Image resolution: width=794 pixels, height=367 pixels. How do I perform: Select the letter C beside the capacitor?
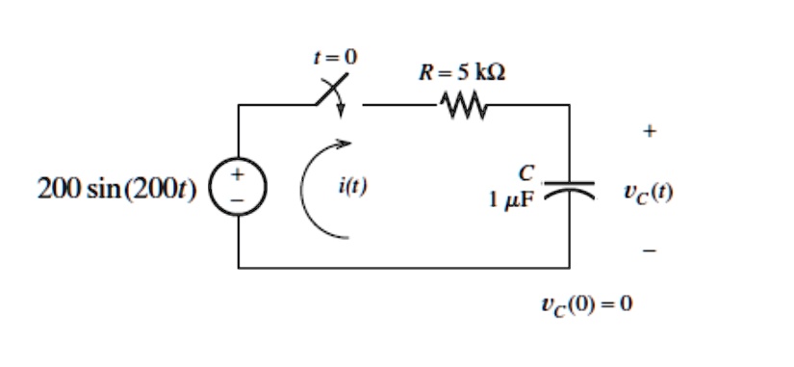tap(525, 173)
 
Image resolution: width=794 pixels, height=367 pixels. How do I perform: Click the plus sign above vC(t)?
tap(650, 131)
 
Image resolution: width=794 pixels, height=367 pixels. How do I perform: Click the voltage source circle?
tap(238, 187)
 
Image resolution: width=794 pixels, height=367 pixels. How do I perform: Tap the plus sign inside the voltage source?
tap(238, 177)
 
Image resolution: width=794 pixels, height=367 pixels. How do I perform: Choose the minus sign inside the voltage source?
tap(238, 198)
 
